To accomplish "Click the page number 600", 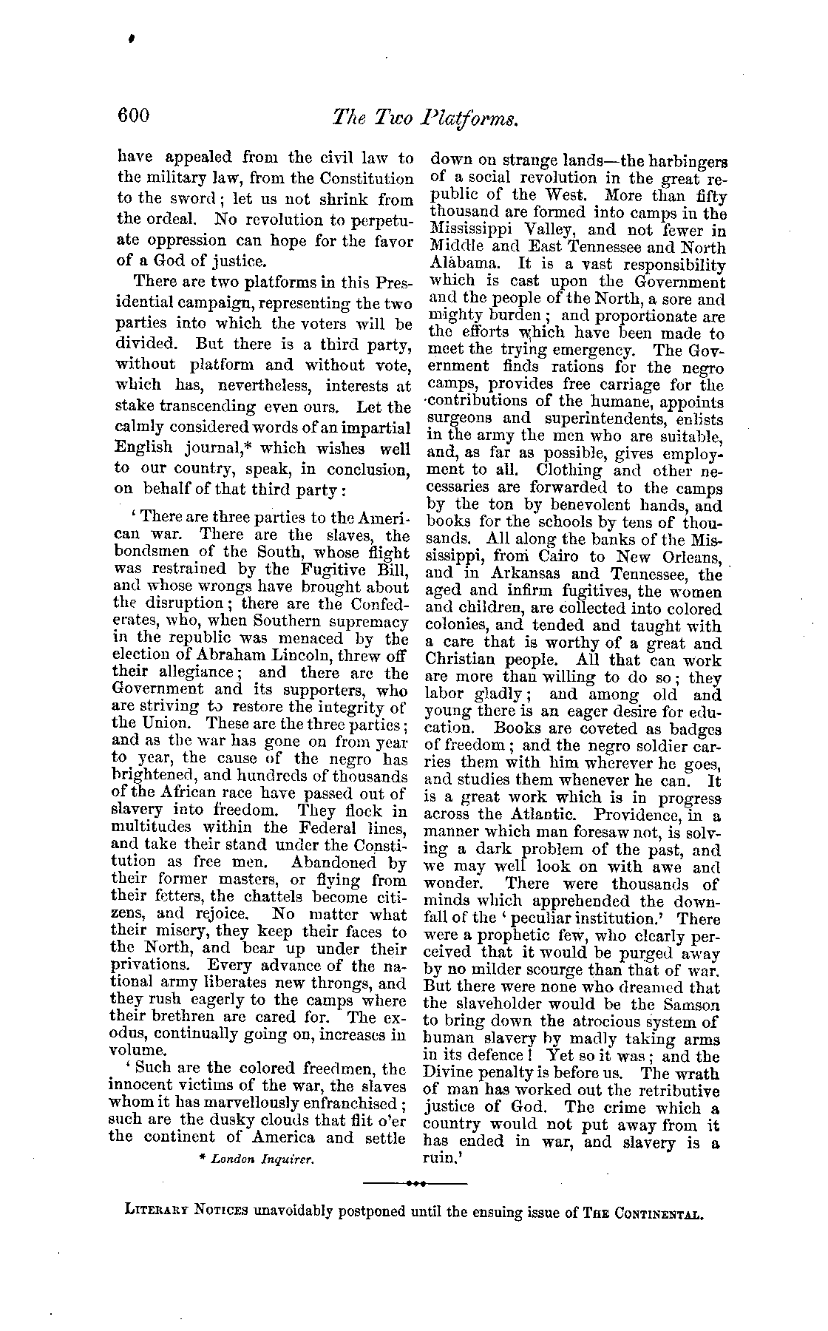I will pos(133,115).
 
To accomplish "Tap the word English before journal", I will pos(143,447).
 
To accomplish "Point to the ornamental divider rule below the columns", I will pos(415,1184).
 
